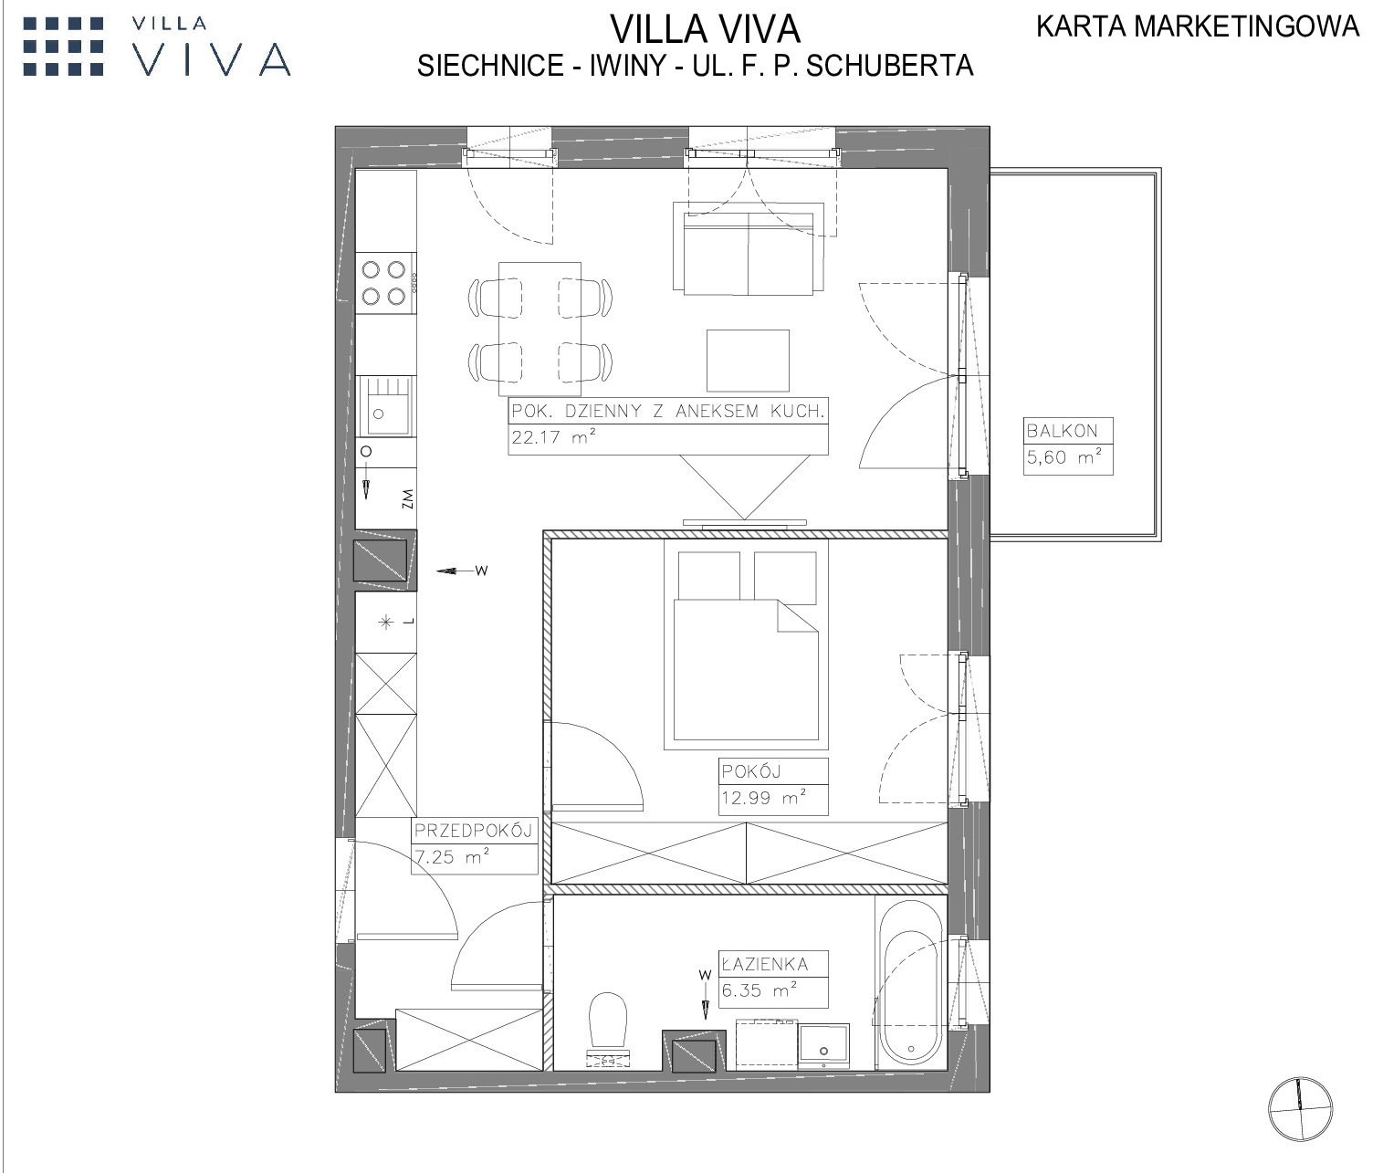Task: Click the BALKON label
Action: (x=1062, y=431)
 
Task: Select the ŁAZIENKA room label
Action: (x=765, y=964)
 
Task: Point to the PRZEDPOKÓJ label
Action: (x=473, y=831)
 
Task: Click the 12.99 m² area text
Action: (x=763, y=797)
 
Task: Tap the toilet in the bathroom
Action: (x=608, y=1030)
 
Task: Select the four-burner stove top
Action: (x=385, y=283)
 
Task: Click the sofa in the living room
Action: (x=748, y=248)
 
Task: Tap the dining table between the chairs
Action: (x=540, y=329)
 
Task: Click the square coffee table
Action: (x=748, y=361)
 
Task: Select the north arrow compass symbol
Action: (x=1300, y=1109)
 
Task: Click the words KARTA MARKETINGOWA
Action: (x=1198, y=26)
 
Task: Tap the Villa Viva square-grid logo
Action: (x=64, y=47)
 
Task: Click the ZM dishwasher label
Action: (x=407, y=499)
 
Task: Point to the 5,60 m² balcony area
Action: (x=1064, y=457)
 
